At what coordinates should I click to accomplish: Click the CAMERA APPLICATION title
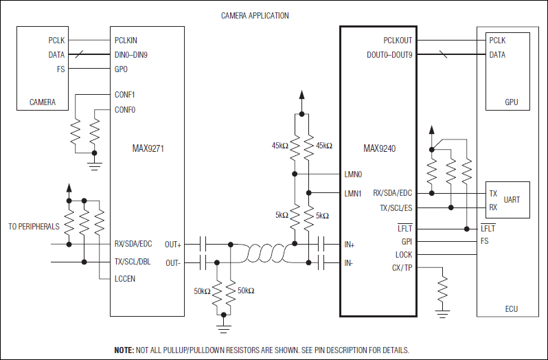(255, 15)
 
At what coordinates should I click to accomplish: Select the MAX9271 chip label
(148, 148)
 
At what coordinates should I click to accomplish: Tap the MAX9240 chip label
(379, 148)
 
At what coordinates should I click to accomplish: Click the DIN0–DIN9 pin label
(131, 54)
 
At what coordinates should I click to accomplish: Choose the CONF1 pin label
(125, 95)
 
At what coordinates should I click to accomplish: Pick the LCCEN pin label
(125, 278)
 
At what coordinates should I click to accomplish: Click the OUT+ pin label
(173, 244)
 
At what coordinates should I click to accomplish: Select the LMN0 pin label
(352, 175)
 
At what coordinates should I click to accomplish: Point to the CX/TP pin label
(402, 267)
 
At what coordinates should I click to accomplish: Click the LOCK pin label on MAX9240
(404, 254)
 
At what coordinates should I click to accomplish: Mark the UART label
(512, 200)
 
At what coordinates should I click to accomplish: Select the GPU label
(512, 102)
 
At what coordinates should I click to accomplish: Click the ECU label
(511, 309)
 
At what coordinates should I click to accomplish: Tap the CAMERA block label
(43, 102)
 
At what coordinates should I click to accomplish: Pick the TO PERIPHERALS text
(34, 226)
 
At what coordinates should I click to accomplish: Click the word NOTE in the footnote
(124, 350)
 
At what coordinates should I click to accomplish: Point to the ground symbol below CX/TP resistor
(444, 313)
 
